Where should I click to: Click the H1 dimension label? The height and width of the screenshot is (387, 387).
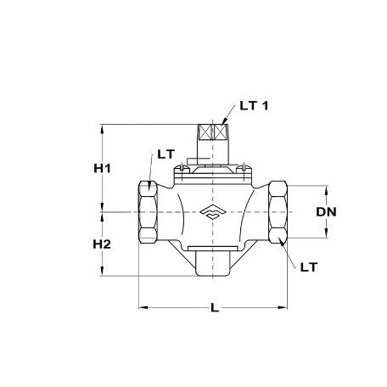(x=103, y=167)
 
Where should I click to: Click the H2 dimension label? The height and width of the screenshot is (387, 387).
(x=103, y=243)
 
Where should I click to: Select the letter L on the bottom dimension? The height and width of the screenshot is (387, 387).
(x=213, y=308)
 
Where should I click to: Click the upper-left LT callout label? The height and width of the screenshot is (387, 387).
(x=166, y=154)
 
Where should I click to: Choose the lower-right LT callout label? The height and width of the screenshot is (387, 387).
(x=309, y=266)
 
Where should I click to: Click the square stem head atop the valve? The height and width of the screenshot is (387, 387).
(x=212, y=134)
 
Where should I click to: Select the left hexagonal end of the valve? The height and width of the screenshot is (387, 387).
(x=146, y=212)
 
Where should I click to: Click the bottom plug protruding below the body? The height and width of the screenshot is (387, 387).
(x=212, y=262)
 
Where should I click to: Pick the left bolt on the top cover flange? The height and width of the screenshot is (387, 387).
(x=180, y=172)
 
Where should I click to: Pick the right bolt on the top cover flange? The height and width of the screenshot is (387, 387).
(x=244, y=172)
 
